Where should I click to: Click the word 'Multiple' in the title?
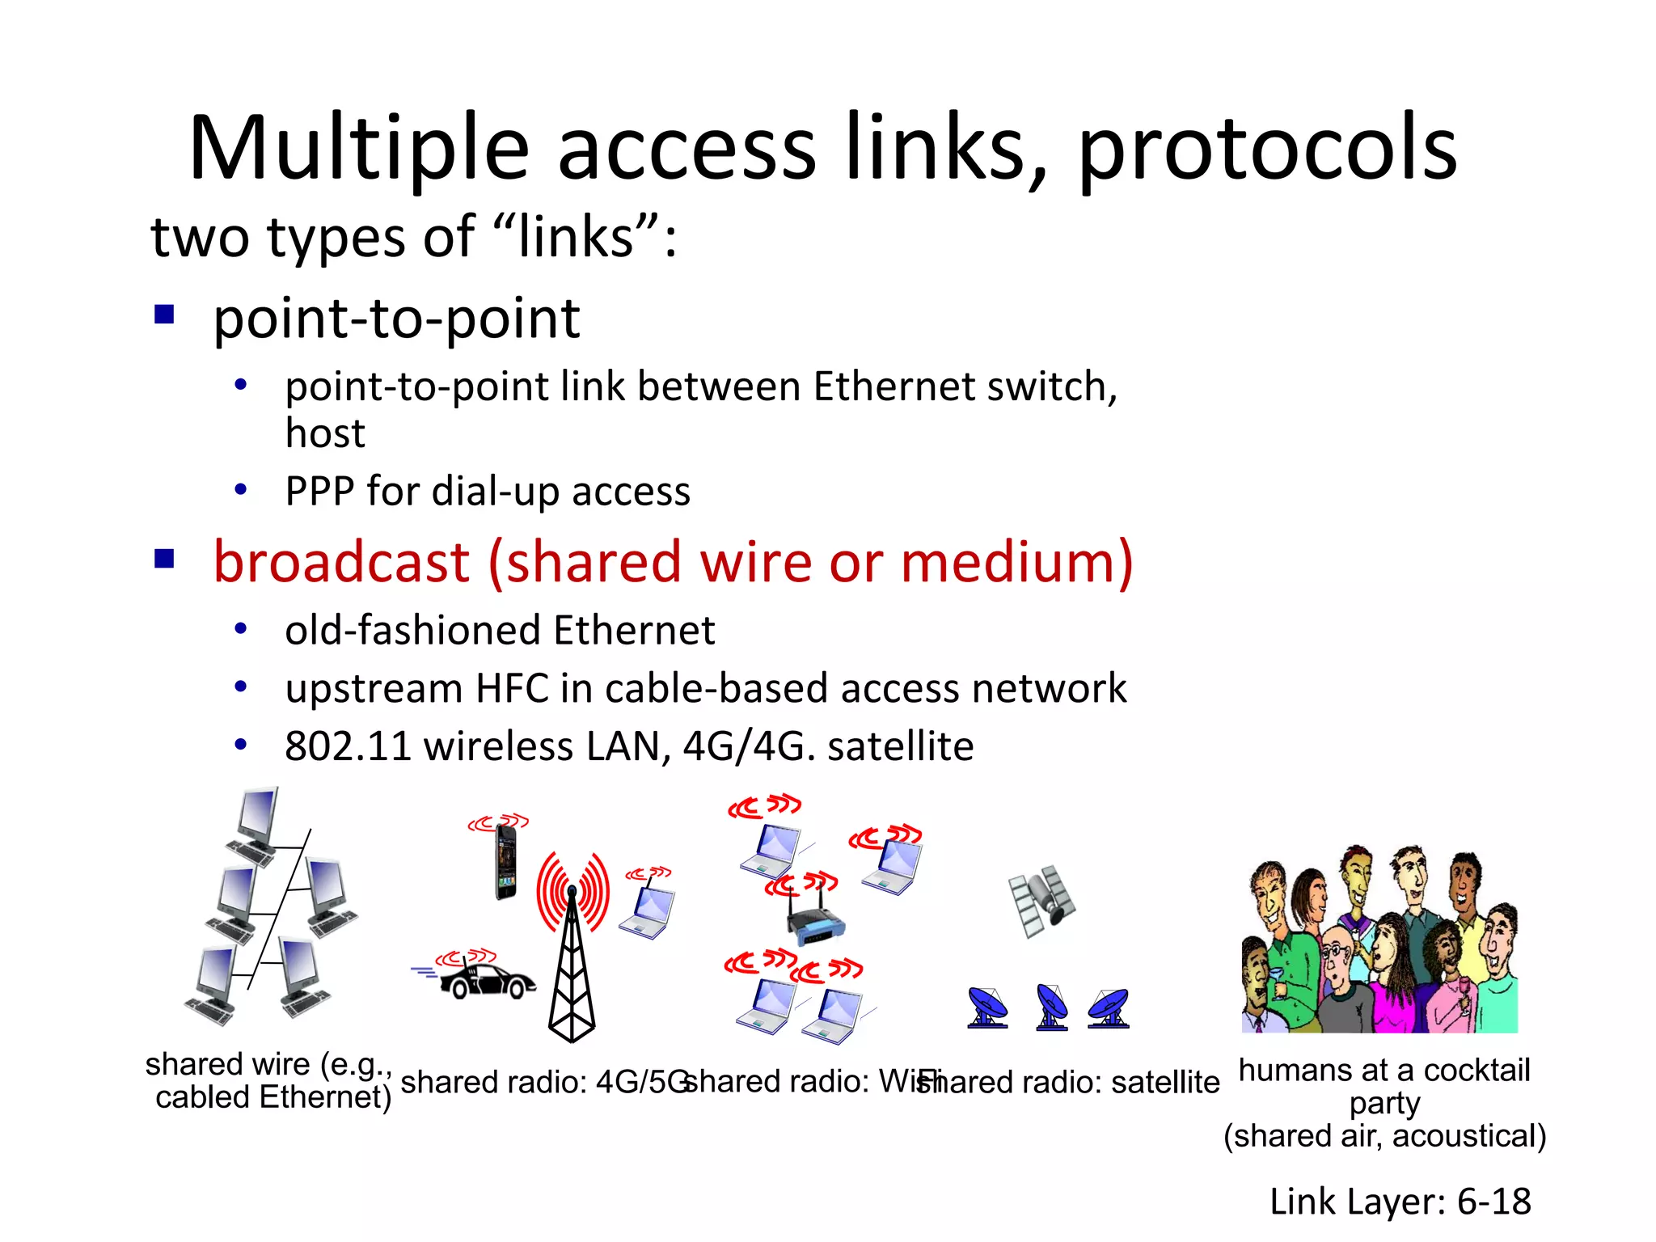[358, 150]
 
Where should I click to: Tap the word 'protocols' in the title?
[1267, 150]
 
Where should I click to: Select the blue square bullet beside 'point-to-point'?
[165, 314]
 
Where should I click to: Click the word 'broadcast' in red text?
[341, 562]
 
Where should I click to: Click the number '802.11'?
[349, 746]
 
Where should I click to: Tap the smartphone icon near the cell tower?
[506, 861]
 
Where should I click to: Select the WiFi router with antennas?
[815, 922]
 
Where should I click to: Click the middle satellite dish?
[1051, 1007]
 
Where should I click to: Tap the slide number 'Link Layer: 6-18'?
[1400, 1202]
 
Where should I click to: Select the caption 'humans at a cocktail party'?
[1384, 1085]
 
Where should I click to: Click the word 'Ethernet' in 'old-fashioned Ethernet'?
[635, 630]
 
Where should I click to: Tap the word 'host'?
[325, 433]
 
